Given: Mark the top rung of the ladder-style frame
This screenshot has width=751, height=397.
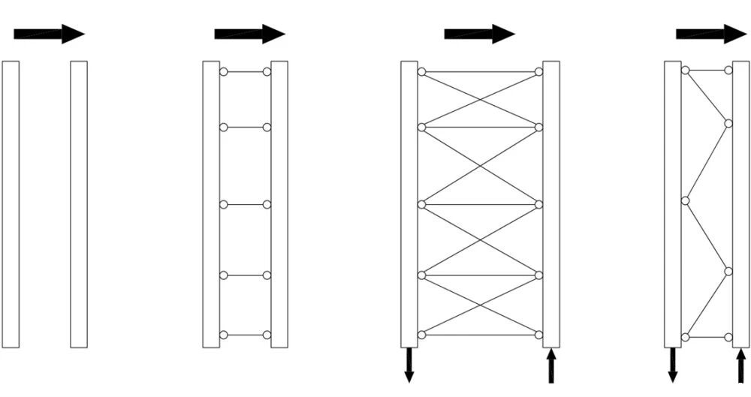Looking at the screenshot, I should tap(245, 72).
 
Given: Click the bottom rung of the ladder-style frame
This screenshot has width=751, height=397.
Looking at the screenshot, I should tap(245, 335).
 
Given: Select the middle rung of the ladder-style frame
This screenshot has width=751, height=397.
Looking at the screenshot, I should tap(245, 204).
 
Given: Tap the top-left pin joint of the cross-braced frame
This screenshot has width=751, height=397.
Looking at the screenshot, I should tap(422, 72).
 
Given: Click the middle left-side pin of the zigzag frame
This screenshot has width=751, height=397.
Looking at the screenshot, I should tap(685, 200).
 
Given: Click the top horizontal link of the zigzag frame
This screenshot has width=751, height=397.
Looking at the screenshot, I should tap(707, 71).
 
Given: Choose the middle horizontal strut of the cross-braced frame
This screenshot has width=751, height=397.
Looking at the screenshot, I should tap(480, 204).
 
